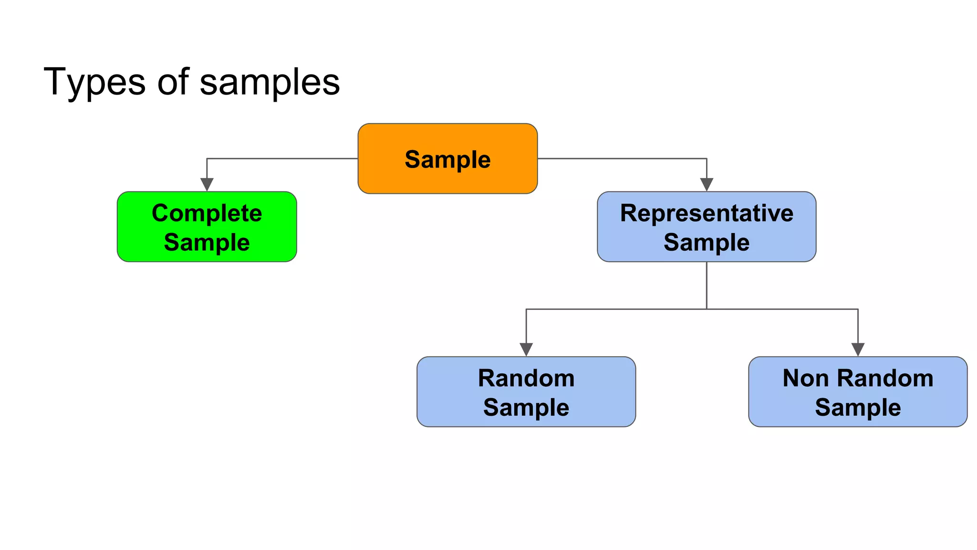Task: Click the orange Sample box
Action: point(447,159)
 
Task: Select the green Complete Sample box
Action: point(207,227)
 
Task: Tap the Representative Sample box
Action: point(707,227)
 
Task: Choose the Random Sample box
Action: point(526,391)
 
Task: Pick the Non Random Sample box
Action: point(858,391)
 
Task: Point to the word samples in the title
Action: point(270,82)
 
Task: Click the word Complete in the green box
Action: point(207,213)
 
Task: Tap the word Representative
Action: point(707,213)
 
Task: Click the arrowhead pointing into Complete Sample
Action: point(207,185)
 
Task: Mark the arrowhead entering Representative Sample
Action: point(707,185)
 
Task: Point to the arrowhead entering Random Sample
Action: point(526,349)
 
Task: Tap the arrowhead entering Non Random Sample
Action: point(858,349)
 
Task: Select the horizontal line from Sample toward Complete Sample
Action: point(281,159)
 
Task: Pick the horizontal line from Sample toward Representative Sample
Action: point(620,159)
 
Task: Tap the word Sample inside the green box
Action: point(207,242)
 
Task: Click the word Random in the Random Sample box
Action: point(526,378)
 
